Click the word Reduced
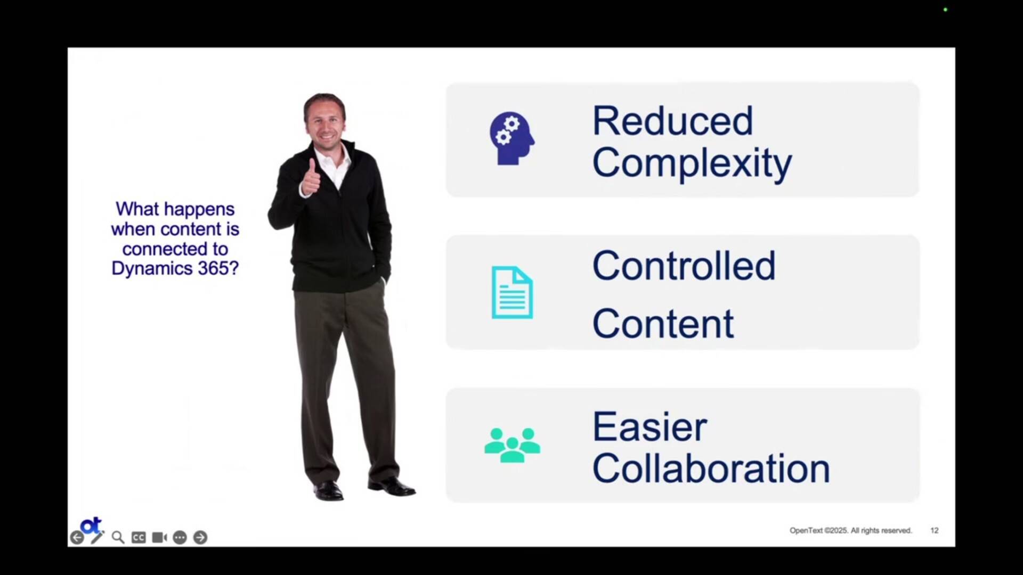(672, 121)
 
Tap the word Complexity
(692, 163)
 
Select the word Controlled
(684, 266)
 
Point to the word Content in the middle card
(663, 324)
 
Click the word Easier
(649, 427)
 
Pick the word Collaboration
(711, 469)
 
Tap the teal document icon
(512, 292)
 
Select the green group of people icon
(512, 445)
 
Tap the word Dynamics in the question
(151, 268)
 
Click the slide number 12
(935, 530)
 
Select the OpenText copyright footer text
(850, 530)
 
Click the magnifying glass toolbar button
(118, 538)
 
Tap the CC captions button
(139, 538)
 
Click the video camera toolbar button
(159, 538)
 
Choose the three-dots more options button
(180, 538)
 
